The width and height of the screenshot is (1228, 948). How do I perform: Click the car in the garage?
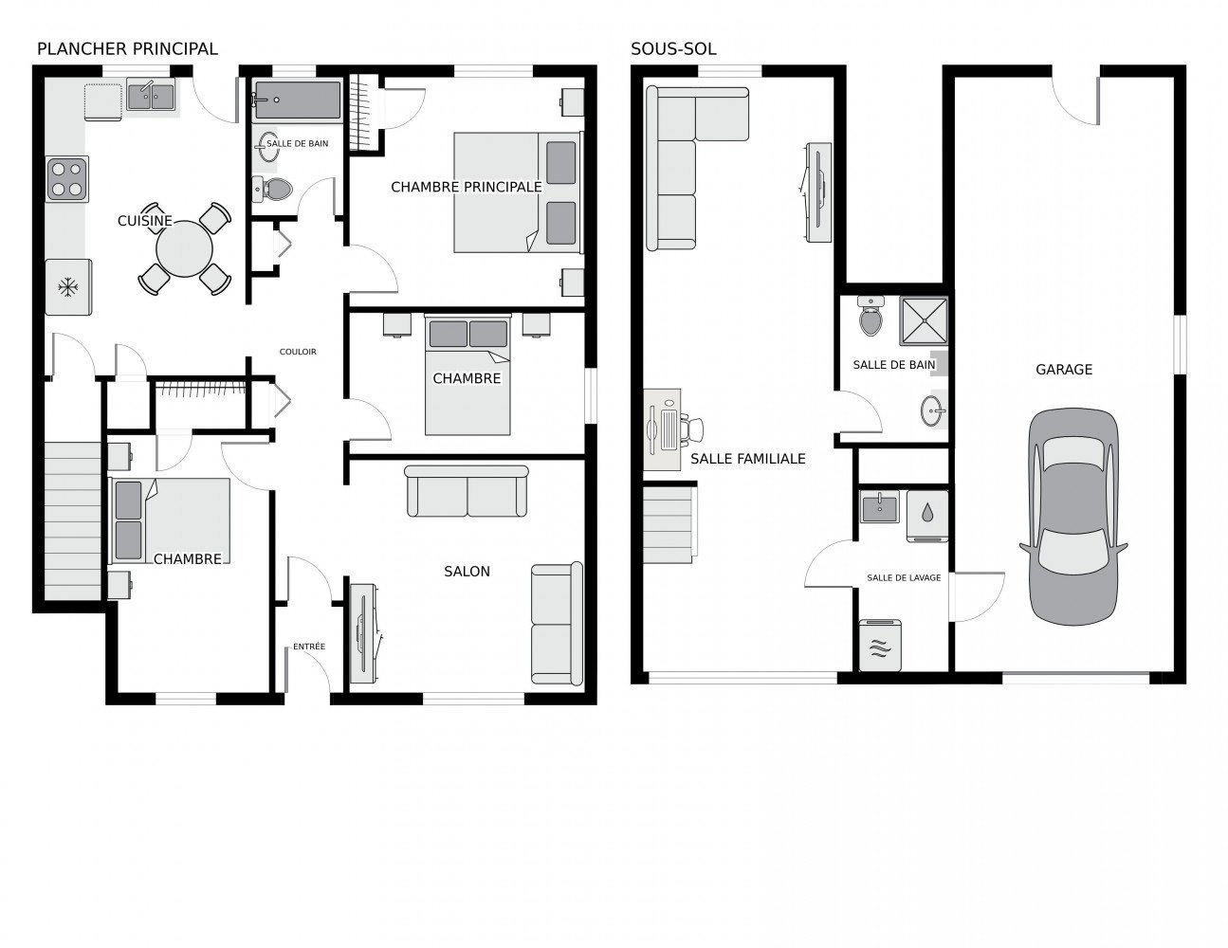click(x=1073, y=517)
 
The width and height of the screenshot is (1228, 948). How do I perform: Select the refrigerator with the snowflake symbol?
click(x=68, y=286)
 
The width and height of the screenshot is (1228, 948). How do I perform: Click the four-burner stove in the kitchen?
click(x=67, y=179)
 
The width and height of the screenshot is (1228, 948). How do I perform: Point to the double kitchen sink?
click(x=151, y=97)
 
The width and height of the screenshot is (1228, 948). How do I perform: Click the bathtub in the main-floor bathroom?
click(x=297, y=100)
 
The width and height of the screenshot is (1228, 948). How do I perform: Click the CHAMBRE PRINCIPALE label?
click(x=466, y=187)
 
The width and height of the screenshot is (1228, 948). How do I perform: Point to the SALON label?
click(x=467, y=571)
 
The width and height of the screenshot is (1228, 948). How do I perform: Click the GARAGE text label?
click(x=1063, y=370)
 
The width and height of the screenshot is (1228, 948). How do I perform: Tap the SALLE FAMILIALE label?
click(x=747, y=459)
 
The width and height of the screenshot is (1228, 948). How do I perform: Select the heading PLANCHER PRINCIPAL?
click(x=126, y=48)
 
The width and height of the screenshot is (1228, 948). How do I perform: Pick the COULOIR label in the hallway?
click(x=298, y=352)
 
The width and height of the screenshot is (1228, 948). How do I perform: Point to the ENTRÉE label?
click(x=309, y=647)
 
